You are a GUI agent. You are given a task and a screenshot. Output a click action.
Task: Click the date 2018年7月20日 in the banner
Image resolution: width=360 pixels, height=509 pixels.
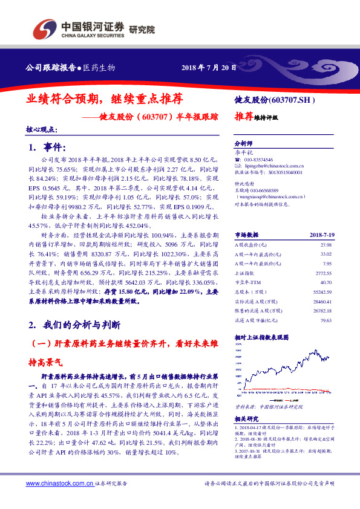tap(209, 67)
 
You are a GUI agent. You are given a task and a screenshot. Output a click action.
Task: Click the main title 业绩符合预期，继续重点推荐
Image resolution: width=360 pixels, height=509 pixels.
tap(105, 97)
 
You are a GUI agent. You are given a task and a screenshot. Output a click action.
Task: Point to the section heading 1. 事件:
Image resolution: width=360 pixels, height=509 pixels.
tap(47, 148)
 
